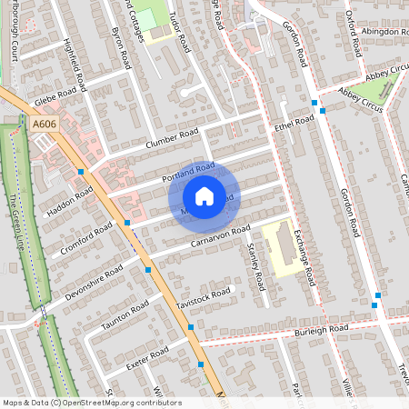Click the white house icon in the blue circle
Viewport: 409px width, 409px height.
pyautogui.click(x=204, y=196)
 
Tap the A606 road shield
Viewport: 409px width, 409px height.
pyautogui.click(x=44, y=124)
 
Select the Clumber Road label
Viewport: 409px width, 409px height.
pyautogui.click(x=171, y=139)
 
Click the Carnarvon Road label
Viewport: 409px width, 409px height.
pyautogui.click(x=219, y=239)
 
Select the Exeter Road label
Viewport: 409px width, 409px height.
pyautogui.click(x=146, y=356)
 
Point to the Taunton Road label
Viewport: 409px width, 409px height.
pyautogui.click(x=124, y=314)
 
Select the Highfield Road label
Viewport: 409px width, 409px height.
pyautogui.click(x=75, y=65)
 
